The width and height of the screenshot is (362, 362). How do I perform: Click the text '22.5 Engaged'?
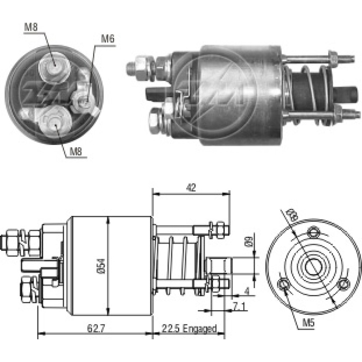click(x=189, y=328)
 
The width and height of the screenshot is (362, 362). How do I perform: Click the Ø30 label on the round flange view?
click(x=291, y=216)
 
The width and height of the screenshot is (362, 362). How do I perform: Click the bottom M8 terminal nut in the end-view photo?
click(x=52, y=122)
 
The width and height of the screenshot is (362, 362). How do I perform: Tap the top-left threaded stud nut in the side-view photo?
click(x=139, y=66)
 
